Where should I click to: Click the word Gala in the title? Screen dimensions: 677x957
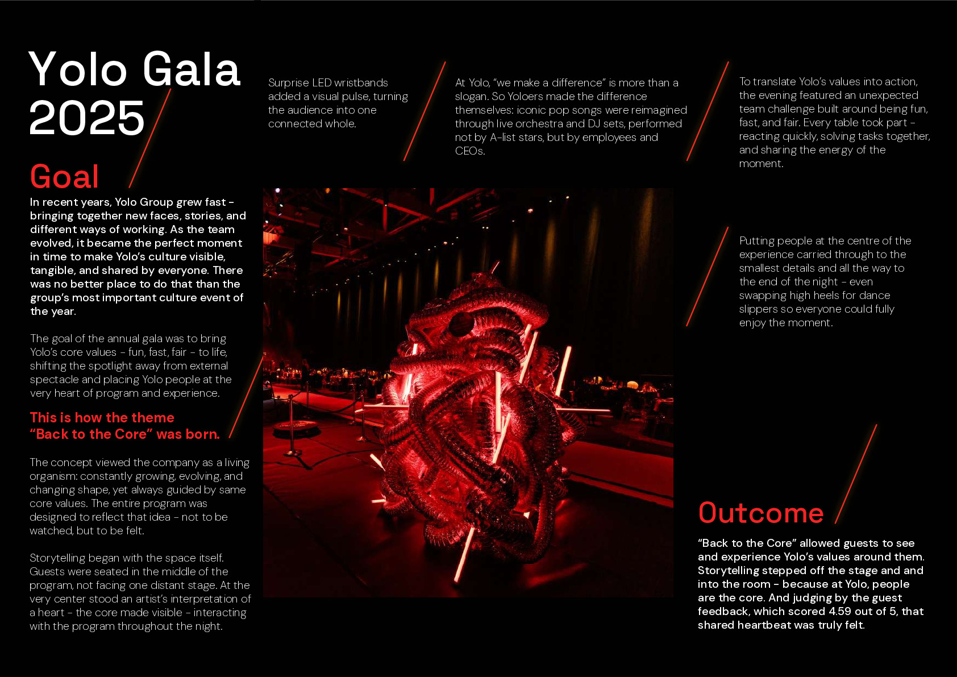click(x=192, y=69)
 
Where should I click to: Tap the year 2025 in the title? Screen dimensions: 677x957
click(x=87, y=118)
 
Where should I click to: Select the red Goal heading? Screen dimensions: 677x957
click(x=65, y=176)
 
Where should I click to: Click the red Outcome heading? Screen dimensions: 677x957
click(x=761, y=513)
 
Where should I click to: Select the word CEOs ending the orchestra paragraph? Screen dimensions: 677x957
click(x=469, y=151)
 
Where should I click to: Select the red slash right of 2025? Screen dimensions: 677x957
click(x=151, y=138)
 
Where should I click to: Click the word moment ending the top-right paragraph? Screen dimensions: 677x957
click(x=760, y=164)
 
